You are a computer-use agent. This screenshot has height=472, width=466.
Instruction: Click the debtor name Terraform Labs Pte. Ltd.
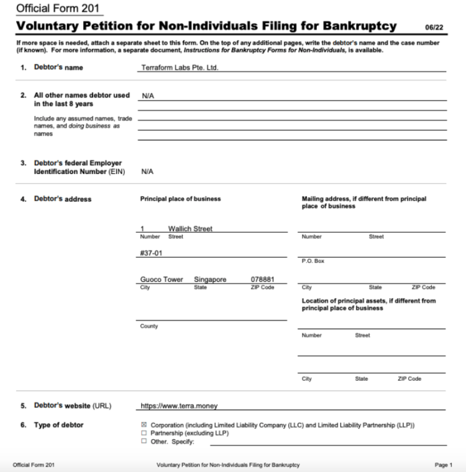(180, 68)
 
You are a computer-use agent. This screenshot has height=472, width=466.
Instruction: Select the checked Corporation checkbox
(144, 425)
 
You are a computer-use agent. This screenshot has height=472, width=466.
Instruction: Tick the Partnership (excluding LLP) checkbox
(144, 433)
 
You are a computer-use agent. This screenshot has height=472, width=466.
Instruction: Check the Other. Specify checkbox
(144, 442)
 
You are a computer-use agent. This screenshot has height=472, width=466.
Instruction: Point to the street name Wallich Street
(190, 229)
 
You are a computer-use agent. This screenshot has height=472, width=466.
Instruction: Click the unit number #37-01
(153, 253)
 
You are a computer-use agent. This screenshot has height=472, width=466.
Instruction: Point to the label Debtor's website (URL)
(72, 406)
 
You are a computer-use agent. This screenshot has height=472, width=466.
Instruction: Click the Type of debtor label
(58, 425)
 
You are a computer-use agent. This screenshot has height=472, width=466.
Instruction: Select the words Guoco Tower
(162, 279)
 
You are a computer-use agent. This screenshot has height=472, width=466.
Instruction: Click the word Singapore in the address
(209, 279)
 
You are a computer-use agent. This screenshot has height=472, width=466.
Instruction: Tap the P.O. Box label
(310, 261)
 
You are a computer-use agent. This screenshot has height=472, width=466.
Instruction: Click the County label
(148, 326)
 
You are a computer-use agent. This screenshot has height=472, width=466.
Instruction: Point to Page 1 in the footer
(443, 465)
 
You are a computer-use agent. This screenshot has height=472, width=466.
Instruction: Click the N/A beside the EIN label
(147, 171)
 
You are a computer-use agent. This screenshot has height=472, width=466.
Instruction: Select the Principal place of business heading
(180, 199)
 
